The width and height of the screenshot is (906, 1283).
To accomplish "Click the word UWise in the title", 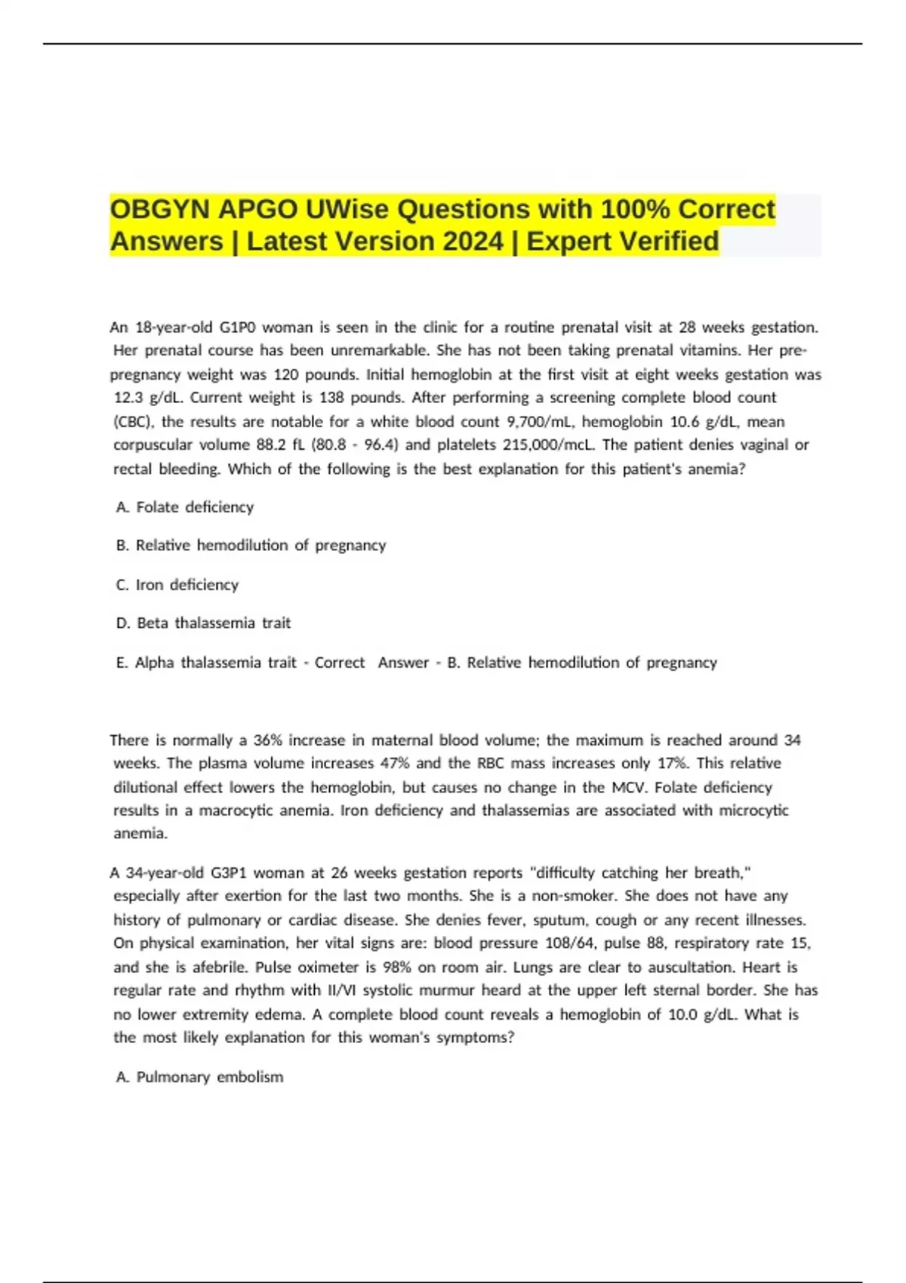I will pos(347,209).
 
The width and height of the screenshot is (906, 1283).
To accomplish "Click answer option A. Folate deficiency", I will pos(185,507).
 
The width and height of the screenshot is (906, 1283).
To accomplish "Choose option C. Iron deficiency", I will pos(177,585).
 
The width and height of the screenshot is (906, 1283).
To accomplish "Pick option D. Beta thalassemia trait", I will pos(203,623).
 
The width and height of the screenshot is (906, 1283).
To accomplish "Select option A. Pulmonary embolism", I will pos(200,1077).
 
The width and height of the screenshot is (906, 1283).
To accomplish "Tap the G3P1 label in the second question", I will pos(229,873).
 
